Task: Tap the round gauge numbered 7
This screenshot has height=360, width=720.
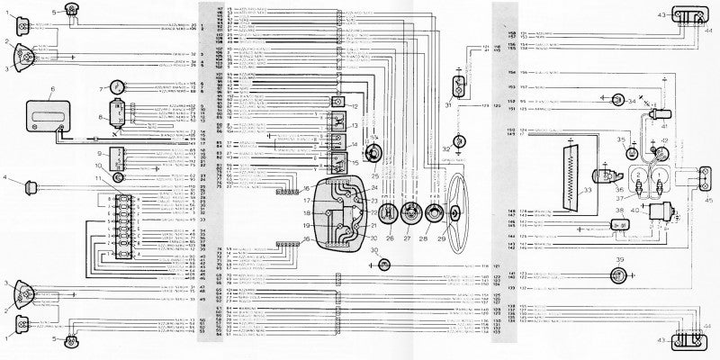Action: pos(115,88)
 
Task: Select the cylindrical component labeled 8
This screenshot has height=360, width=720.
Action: pos(117,112)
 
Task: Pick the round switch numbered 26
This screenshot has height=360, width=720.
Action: pos(390,214)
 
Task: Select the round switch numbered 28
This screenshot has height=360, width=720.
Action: pos(434,214)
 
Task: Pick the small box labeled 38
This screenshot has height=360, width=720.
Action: pos(619,222)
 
